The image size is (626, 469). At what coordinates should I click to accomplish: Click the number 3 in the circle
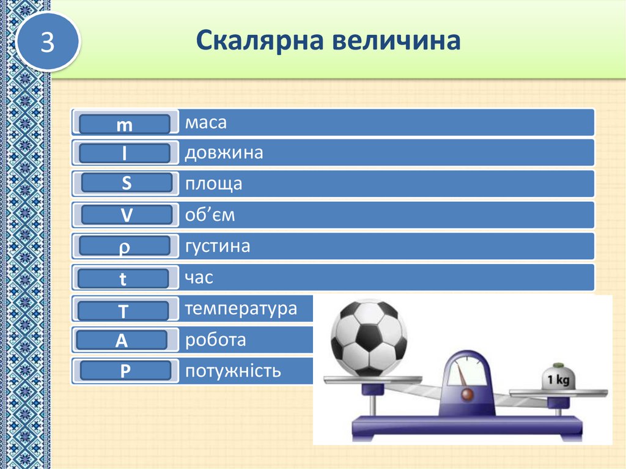[48, 42]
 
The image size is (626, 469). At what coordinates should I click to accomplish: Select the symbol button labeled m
[125, 124]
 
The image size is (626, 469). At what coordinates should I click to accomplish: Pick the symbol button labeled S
[126, 182]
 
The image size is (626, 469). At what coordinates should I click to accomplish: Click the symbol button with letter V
[126, 215]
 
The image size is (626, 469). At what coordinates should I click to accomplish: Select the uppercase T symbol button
[123, 311]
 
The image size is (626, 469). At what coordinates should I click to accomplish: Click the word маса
[206, 122]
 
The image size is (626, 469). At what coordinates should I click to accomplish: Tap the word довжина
[224, 152]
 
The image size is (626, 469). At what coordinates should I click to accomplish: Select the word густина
[218, 246]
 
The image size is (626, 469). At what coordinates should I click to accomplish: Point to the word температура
[241, 309]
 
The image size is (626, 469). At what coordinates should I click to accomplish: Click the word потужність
[233, 370]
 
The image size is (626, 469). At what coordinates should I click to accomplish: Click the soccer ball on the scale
[368, 338]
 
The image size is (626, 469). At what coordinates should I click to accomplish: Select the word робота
[215, 340]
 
